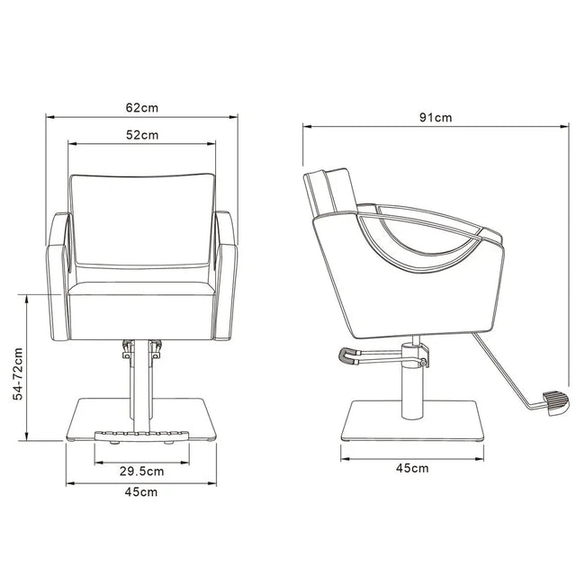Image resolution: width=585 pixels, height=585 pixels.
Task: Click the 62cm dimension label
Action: tap(141, 107)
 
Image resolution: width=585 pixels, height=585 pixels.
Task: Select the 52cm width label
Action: tap(141, 135)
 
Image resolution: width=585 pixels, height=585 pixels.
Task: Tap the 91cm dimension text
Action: tap(436, 118)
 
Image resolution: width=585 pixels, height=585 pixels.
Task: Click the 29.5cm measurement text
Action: tap(142, 470)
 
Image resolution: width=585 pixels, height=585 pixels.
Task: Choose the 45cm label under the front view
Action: tap(141, 491)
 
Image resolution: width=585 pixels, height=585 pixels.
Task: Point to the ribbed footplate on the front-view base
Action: tap(141, 435)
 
